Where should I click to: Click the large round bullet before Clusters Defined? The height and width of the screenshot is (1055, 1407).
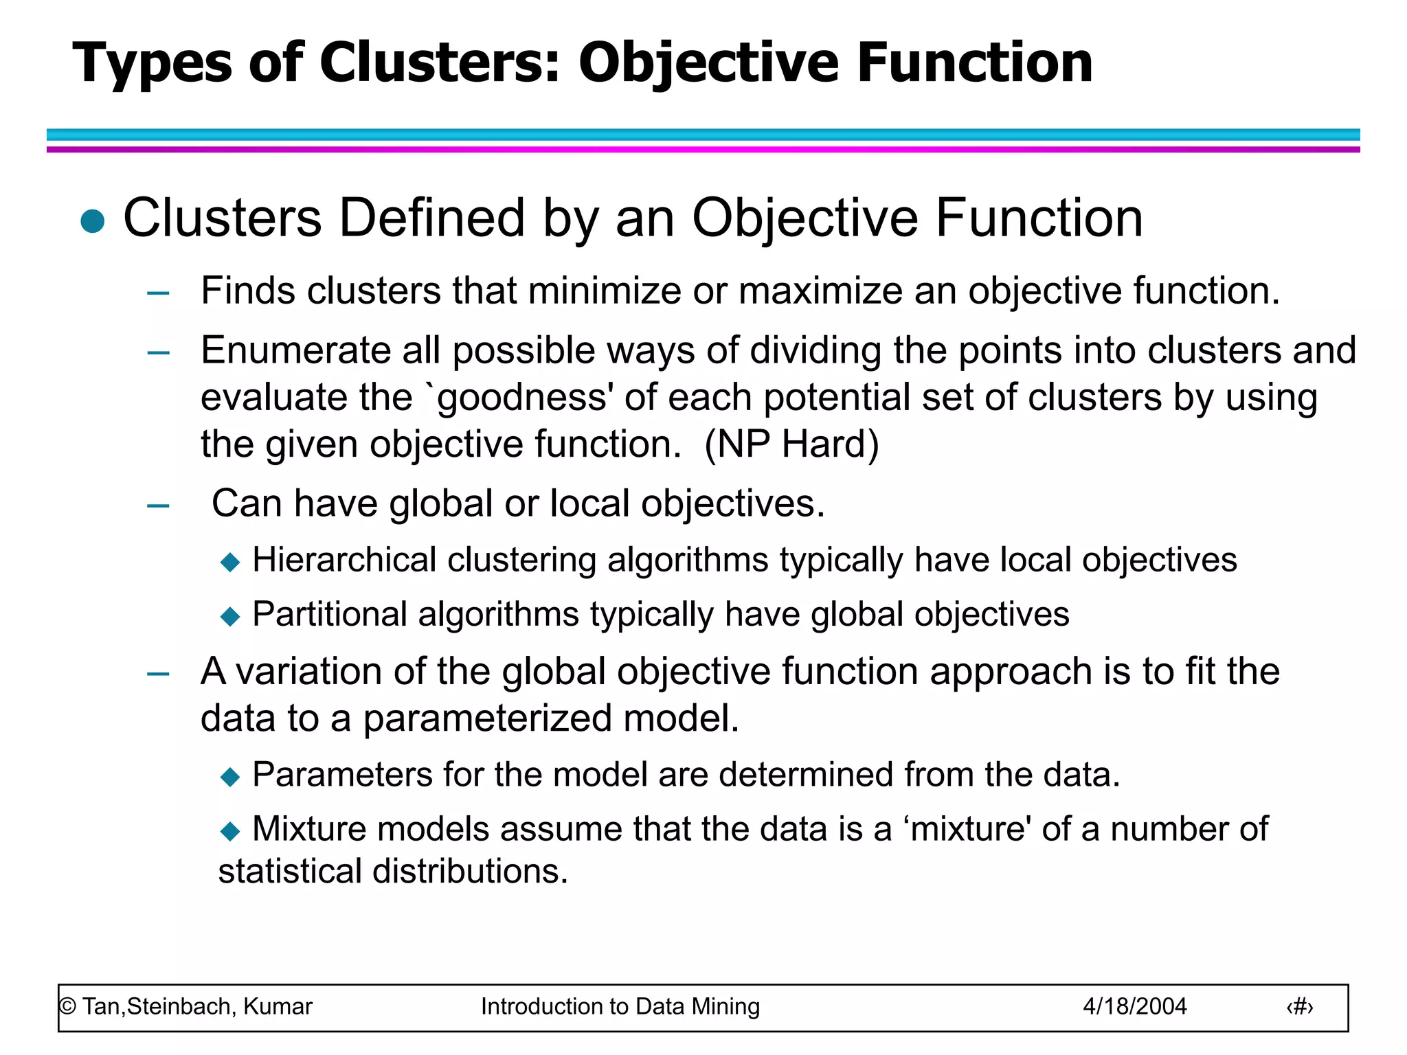click(x=93, y=221)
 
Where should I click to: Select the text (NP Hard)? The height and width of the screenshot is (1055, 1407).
click(x=791, y=444)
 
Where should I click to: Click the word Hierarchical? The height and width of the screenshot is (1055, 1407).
click(x=344, y=560)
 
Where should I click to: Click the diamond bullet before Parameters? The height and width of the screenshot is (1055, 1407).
click(x=230, y=777)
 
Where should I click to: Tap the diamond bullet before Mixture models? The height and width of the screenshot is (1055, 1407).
click(x=230, y=831)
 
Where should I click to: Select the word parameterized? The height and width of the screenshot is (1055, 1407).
click(x=486, y=718)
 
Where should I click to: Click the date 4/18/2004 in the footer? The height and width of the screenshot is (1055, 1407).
click(x=1134, y=1007)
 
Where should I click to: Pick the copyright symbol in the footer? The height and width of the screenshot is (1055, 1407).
click(x=67, y=1007)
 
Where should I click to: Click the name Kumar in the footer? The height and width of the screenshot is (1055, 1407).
click(x=278, y=1007)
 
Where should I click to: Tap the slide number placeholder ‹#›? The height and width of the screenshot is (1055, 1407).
click(x=1299, y=1007)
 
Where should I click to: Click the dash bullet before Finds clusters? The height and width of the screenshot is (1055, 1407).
click(x=158, y=293)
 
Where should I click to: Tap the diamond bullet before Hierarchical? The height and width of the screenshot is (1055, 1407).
click(x=230, y=563)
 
